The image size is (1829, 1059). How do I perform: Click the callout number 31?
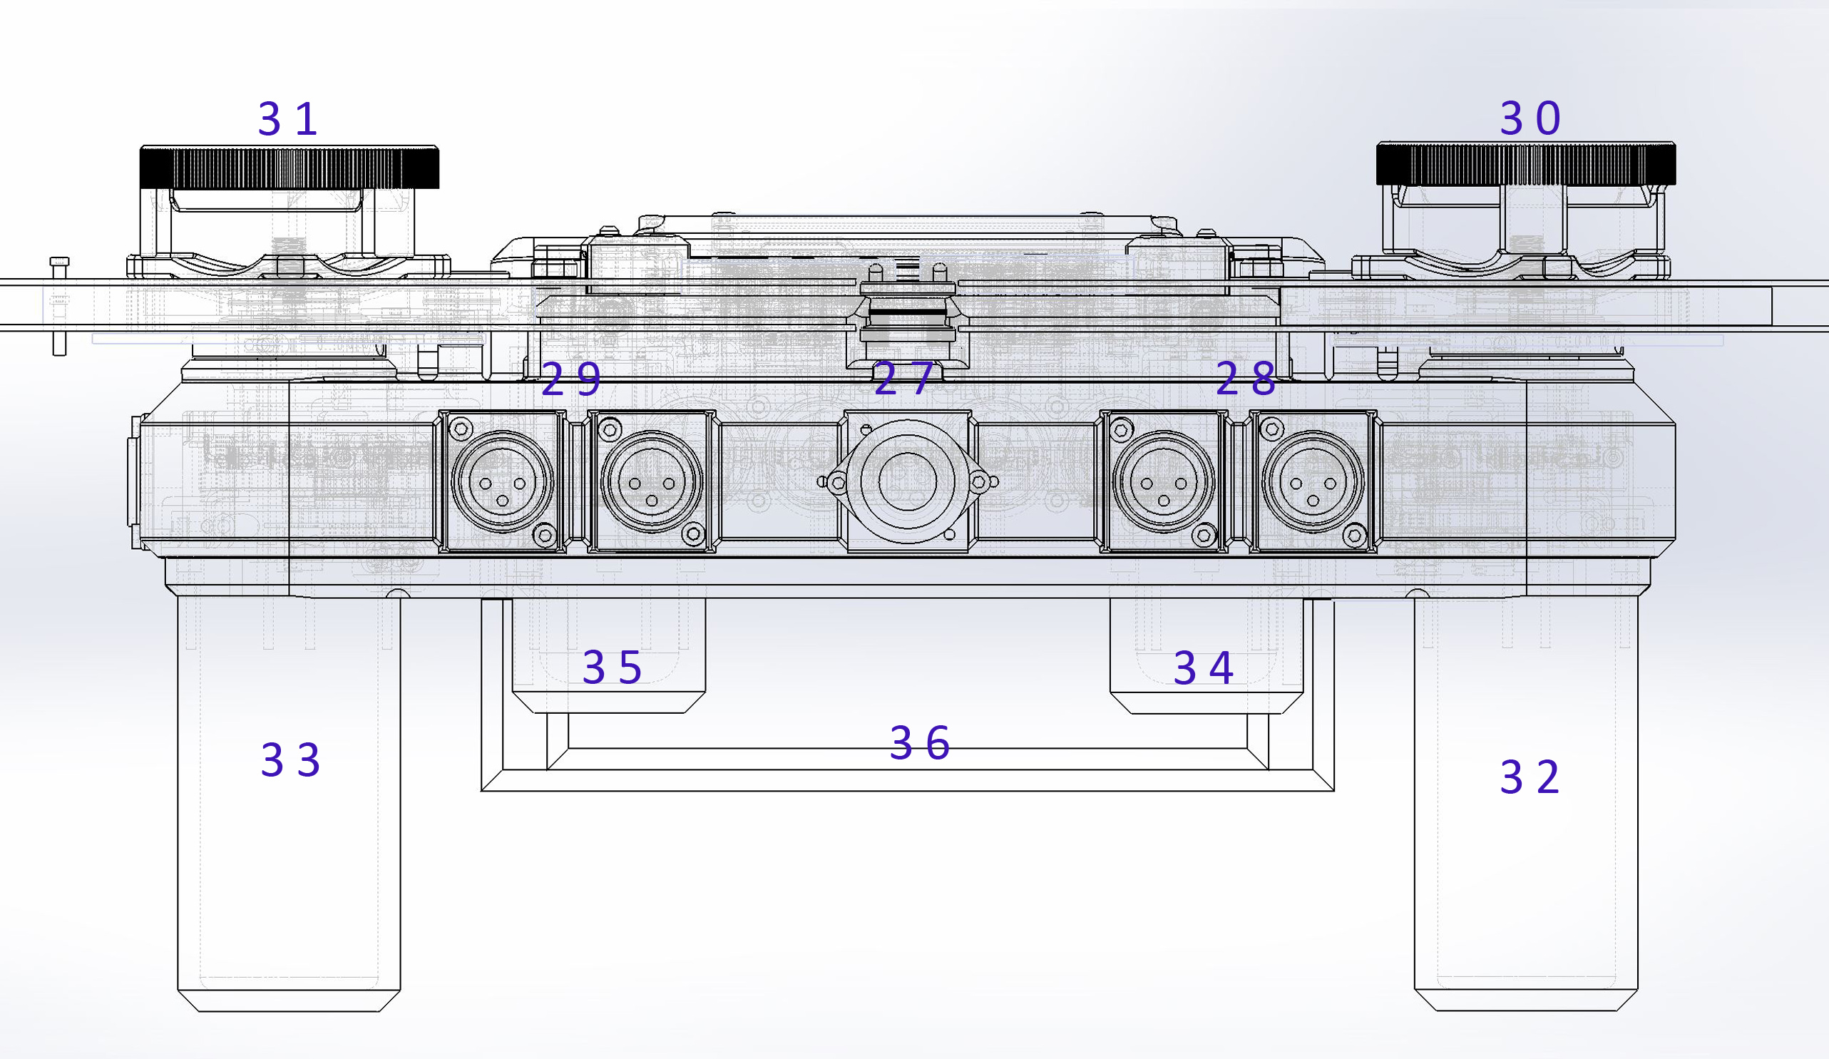(x=288, y=119)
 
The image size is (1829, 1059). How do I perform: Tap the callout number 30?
(x=1530, y=118)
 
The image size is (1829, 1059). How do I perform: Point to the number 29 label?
(x=571, y=379)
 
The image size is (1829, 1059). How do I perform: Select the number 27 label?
(x=903, y=379)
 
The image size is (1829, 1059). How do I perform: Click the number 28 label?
(x=1246, y=379)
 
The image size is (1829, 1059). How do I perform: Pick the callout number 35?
(x=612, y=667)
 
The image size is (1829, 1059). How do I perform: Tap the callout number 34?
(x=1204, y=668)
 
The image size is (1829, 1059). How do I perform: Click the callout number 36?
(x=920, y=743)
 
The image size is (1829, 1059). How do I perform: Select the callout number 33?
(x=290, y=761)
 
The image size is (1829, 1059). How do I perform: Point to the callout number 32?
(x=1530, y=777)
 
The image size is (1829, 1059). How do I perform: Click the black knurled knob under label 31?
(x=289, y=167)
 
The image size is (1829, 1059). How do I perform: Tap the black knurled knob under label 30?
(x=1527, y=163)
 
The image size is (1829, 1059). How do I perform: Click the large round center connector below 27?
(x=906, y=480)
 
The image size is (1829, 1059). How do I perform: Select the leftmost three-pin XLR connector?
(x=502, y=481)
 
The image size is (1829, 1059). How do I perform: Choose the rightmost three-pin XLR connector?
(x=1313, y=481)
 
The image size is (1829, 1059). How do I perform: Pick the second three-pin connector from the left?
(x=652, y=481)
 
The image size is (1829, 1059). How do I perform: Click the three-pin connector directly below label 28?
(x=1164, y=481)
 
